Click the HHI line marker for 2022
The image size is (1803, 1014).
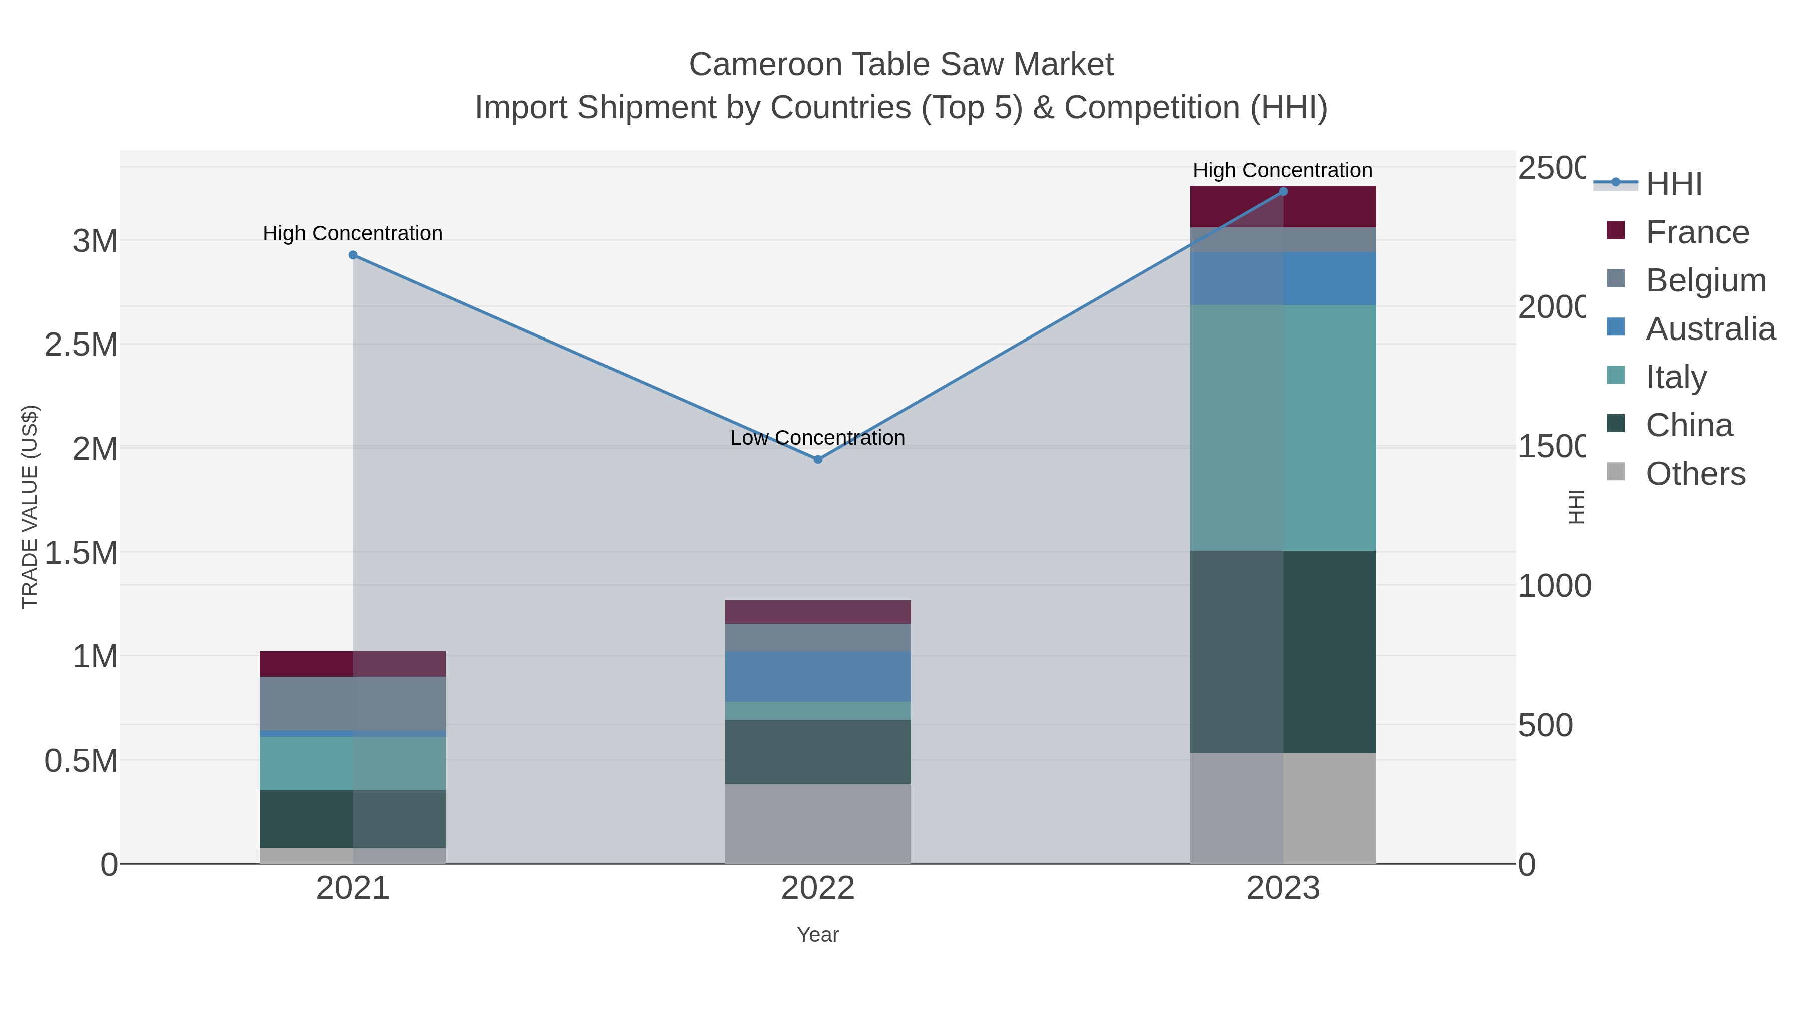click(x=817, y=459)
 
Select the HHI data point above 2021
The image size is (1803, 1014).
click(x=353, y=255)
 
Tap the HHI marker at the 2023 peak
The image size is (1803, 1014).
click(x=1283, y=192)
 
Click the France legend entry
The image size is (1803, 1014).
click(x=1697, y=232)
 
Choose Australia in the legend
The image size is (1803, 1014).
click(x=1710, y=329)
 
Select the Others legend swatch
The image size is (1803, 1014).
click(x=1615, y=472)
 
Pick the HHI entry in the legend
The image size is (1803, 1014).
click(x=1673, y=184)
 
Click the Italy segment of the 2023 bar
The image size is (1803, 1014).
click(x=1283, y=428)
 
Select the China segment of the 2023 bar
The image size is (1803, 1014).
click(x=1283, y=651)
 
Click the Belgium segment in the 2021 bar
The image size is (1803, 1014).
click(x=353, y=704)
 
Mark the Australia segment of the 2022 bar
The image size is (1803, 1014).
click(x=817, y=676)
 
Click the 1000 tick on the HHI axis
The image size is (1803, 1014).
click(x=1554, y=586)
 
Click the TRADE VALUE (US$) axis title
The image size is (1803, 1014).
click(x=30, y=507)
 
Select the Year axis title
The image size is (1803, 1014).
click(x=817, y=935)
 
